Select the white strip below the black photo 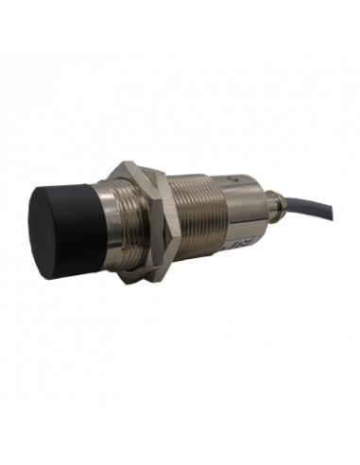tap(180, 439)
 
